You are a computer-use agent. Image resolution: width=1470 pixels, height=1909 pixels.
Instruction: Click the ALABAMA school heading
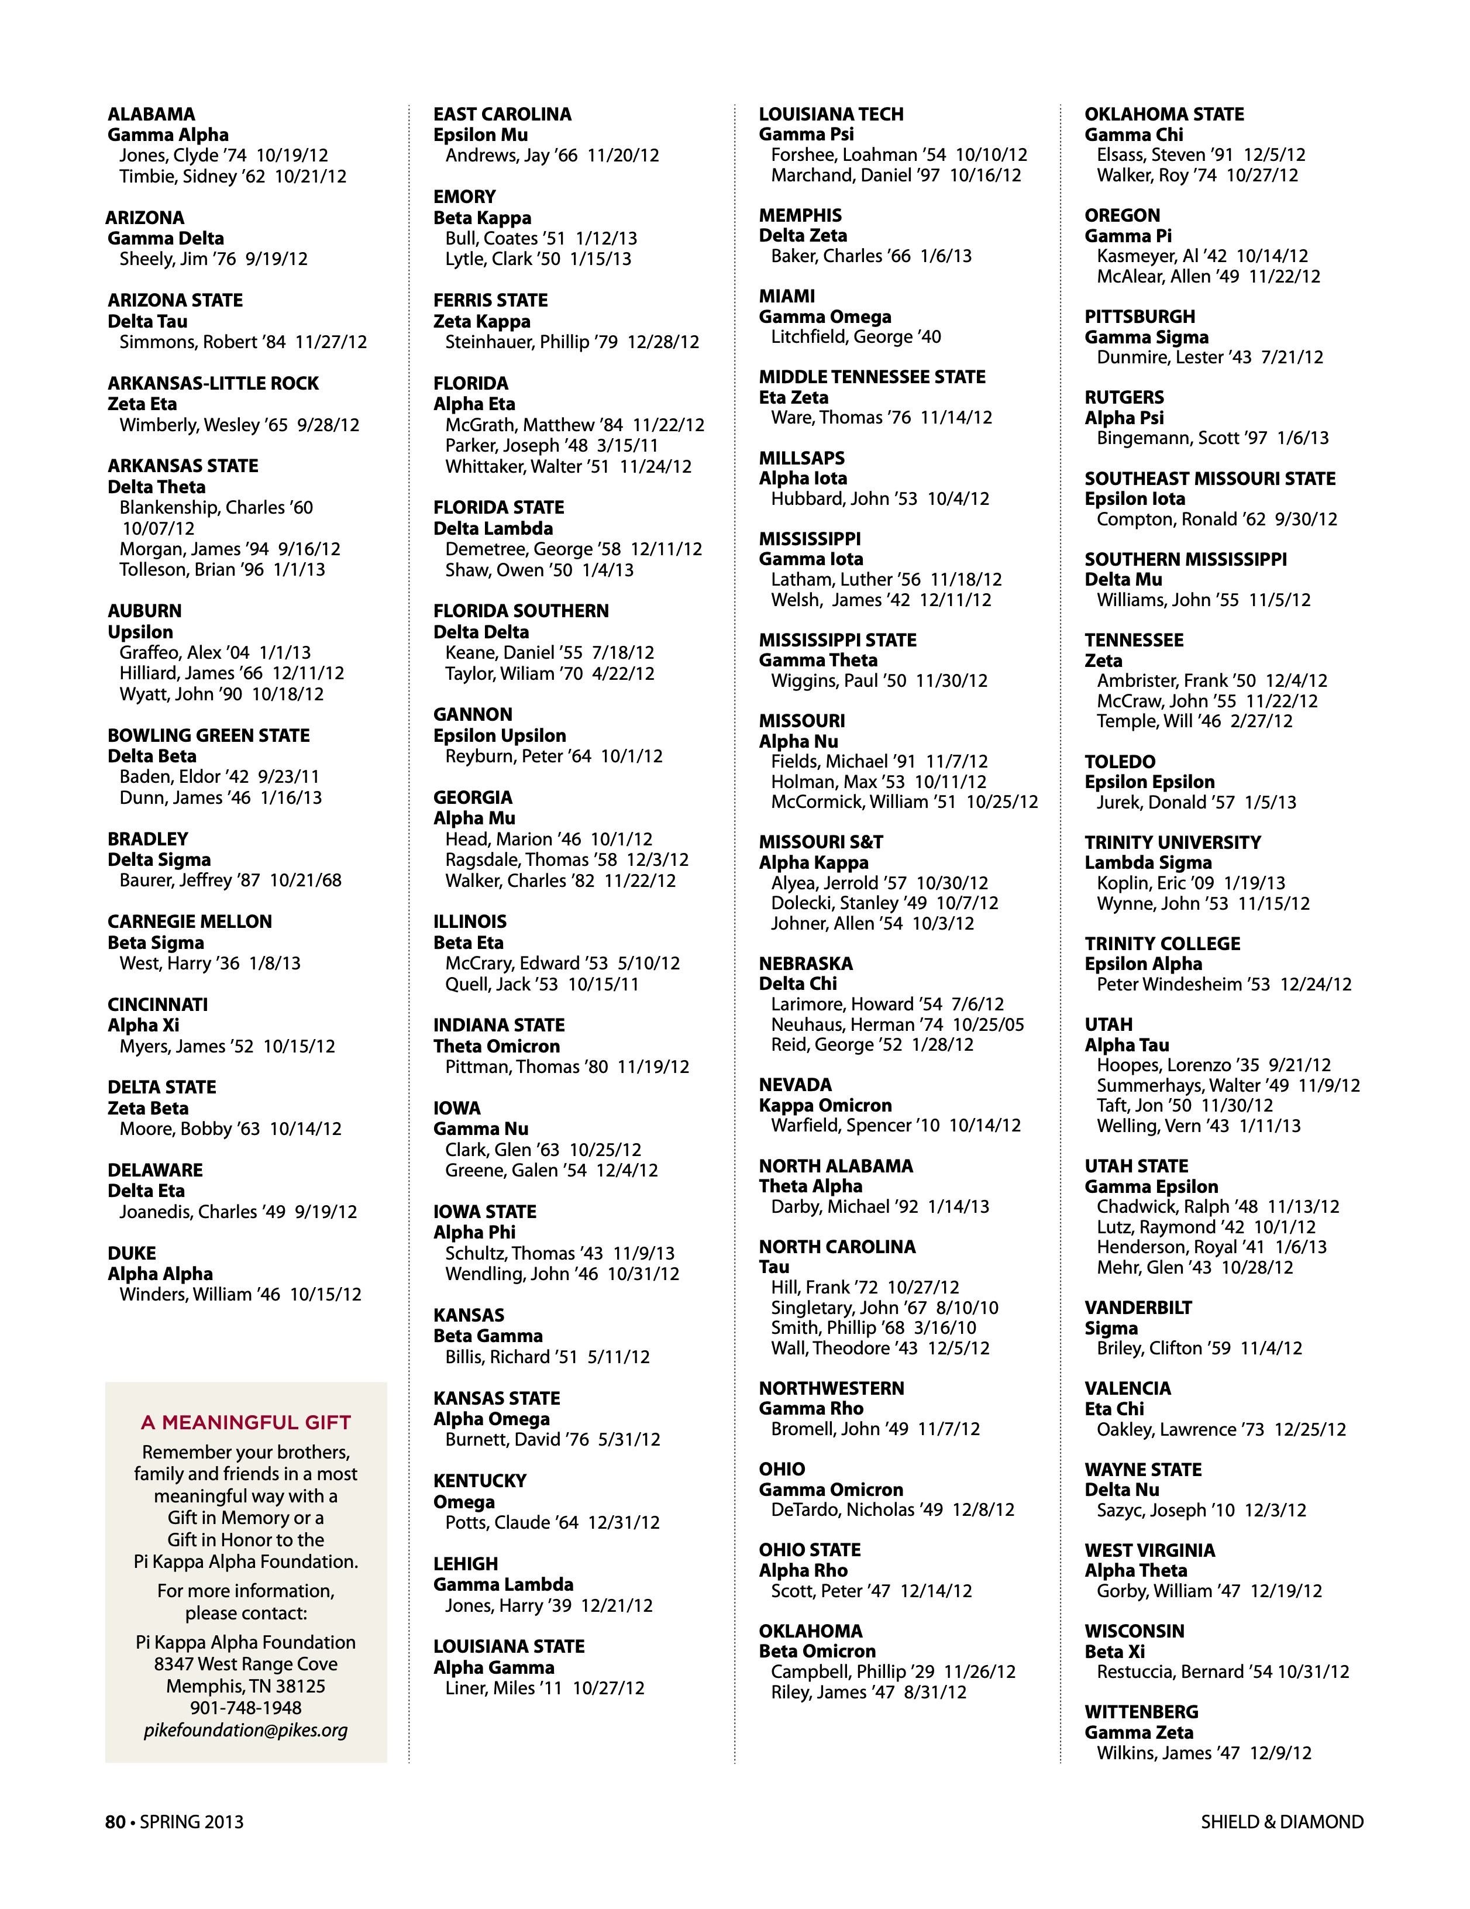click(151, 115)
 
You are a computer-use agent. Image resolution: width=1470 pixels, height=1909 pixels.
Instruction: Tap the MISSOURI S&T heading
click(821, 842)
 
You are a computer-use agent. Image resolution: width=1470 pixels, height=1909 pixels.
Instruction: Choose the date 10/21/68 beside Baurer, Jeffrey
click(305, 880)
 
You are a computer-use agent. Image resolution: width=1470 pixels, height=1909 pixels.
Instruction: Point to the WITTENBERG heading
click(1141, 1711)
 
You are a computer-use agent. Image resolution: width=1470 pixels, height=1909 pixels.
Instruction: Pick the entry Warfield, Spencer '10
click(855, 1126)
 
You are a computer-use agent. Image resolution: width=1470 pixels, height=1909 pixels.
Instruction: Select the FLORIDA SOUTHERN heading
click(521, 611)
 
